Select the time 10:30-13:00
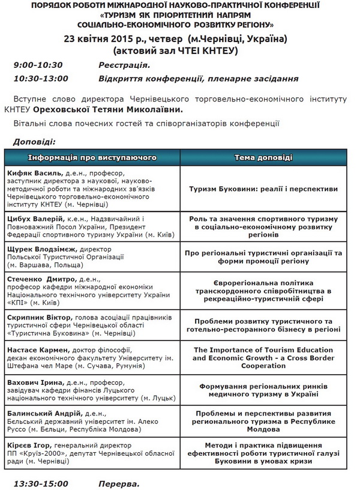tap(40, 79)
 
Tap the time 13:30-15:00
tap(40, 483)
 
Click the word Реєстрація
tap(124, 65)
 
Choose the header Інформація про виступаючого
tap(92, 157)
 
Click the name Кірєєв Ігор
tap(31, 446)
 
